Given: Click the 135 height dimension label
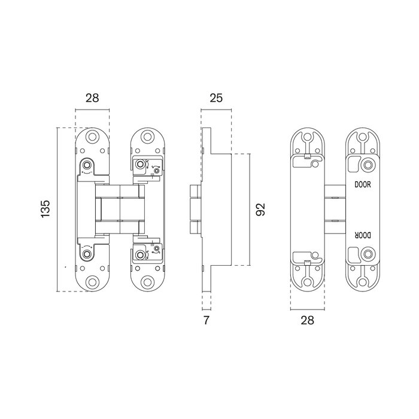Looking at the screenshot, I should click(46, 209).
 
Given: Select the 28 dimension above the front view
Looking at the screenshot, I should click(92, 99).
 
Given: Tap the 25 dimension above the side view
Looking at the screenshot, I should click(217, 99).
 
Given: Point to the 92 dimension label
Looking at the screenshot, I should click(259, 209).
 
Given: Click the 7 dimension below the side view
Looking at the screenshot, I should click(207, 320).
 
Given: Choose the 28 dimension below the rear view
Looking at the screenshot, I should click(308, 320).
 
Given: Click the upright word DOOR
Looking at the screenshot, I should click(363, 185).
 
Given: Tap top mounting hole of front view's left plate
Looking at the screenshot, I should click(92, 138).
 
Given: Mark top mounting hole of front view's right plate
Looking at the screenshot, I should click(146, 138).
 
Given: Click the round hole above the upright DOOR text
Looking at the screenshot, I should click(366, 166).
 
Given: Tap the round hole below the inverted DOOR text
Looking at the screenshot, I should click(366, 254).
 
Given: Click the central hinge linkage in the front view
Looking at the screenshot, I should click(120, 209).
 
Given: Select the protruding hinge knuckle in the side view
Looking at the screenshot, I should click(195, 209).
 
